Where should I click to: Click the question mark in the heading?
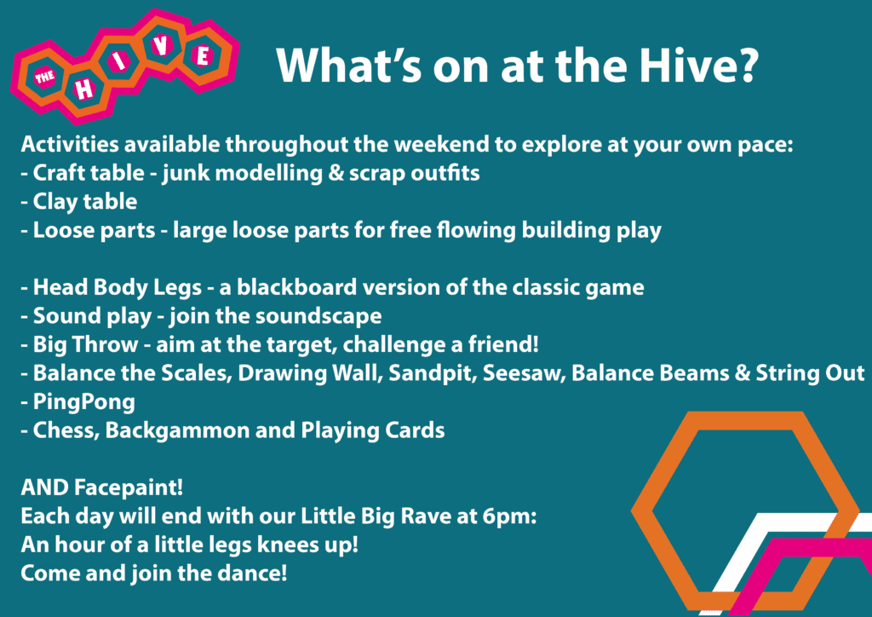(x=745, y=65)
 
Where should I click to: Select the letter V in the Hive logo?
(x=161, y=45)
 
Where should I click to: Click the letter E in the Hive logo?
(x=204, y=55)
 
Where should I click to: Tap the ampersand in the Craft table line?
(x=333, y=173)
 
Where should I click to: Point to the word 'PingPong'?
(x=84, y=402)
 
